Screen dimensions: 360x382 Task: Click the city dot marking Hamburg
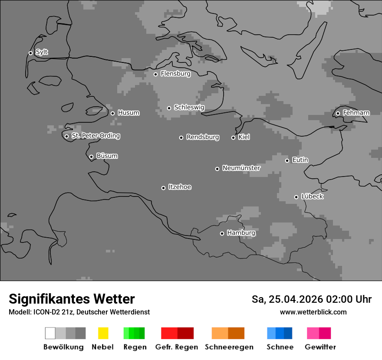pyautogui.click(x=222, y=233)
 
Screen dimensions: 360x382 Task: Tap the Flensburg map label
pyautogui.click(x=175, y=74)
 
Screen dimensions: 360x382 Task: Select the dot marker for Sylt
pyautogui.click(x=30, y=53)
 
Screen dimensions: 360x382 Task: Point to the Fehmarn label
pyautogui.click(x=356, y=113)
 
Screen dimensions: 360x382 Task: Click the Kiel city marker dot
pyautogui.click(x=233, y=137)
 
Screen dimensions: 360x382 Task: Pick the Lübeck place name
pyautogui.click(x=312, y=196)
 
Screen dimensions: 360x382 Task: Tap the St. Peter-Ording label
pyautogui.click(x=95, y=136)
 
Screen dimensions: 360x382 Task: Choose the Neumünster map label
pyautogui.click(x=241, y=168)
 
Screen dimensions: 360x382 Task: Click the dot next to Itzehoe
pyautogui.click(x=163, y=188)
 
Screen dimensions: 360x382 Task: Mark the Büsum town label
pyautogui.click(x=107, y=156)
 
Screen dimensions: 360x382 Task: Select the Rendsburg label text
pyautogui.click(x=202, y=137)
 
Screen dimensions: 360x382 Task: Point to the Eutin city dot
pyautogui.click(x=287, y=160)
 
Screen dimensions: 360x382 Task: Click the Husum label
pyautogui.click(x=128, y=113)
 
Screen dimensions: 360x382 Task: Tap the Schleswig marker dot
pyautogui.click(x=169, y=108)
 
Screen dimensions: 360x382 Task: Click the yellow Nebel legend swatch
pyautogui.click(x=103, y=333)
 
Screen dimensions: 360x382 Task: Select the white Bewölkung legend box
pyautogui.click(x=50, y=333)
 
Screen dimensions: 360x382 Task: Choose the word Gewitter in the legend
pyautogui.click(x=320, y=347)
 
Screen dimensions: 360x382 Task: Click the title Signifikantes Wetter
pyautogui.click(x=72, y=299)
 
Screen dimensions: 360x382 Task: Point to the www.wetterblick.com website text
pyautogui.click(x=313, y=312)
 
